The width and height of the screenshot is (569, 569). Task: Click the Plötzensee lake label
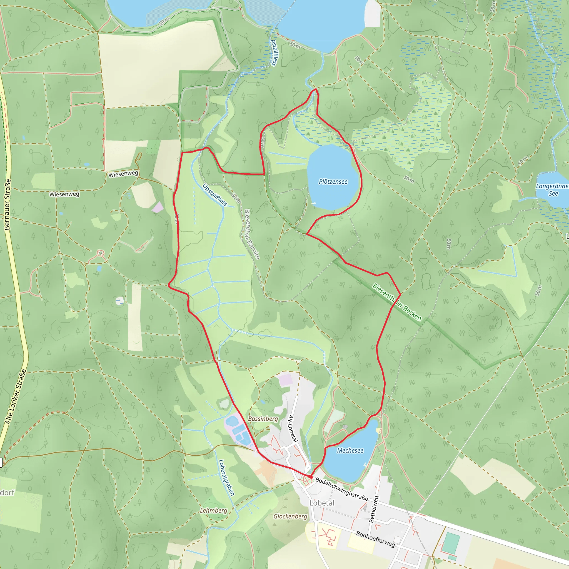click(333, 182)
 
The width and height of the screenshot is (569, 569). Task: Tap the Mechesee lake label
click(350, 451)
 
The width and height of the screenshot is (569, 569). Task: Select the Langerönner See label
click(552, 190)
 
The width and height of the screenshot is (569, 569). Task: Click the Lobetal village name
click(322, 503)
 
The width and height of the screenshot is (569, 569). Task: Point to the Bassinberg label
click(263, 419)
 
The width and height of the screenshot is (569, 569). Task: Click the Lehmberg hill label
click(214, 510)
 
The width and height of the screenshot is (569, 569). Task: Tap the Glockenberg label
click(290, 516)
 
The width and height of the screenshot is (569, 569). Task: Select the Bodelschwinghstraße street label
click(342, 489)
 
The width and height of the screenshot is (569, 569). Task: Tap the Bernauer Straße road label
click(8, 204)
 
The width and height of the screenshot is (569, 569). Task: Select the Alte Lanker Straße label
click(16, 397)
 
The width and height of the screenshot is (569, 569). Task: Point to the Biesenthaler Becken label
click(397, 302)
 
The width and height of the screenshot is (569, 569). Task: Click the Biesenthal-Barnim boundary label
click(252, 234)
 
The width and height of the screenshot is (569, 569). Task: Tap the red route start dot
click(311, 476)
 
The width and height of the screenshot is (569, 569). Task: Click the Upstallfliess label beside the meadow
click(215, 195)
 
